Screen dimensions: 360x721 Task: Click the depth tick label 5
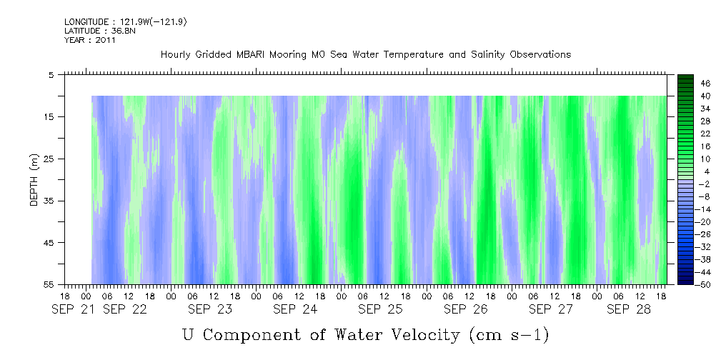(x=52, y=74)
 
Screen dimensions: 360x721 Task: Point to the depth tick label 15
(x=51, y=116)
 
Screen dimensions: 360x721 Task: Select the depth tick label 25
(x=51, y=159)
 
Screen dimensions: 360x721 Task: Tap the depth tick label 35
(x=51, y=201)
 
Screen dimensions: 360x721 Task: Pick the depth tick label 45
(x=51, y=243)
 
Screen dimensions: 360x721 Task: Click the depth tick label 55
(x=51, y=285)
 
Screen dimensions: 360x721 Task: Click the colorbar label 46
(x=686, y=84)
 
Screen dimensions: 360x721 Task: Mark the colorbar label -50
(x=685, y=285)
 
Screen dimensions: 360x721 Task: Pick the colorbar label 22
(x=686, y=134)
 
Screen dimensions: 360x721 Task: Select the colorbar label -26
(x=685, y=234)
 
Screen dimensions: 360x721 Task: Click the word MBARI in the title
(x=252, y=55)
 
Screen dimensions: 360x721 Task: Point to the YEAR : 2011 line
(x=90, y=40)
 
